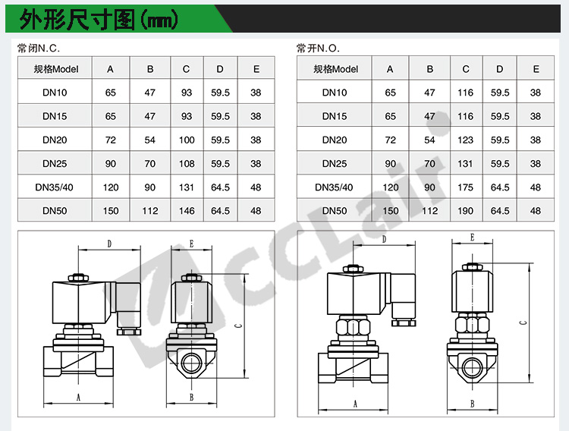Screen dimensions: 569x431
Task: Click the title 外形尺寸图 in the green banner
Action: pyautogui.click(x=77, y=19)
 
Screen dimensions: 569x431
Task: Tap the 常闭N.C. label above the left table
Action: pyautogui.click(x=39, y=49)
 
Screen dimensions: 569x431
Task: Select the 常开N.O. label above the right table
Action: pyautogui.click(x=318, y=49)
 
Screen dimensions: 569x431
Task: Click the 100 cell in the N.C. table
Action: pyautogui.click(x=187, y=140)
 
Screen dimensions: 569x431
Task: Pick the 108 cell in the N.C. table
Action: pyautogui.click(x=187, y=163)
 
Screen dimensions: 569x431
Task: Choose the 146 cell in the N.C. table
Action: pyautogui.click(x=187, y=211)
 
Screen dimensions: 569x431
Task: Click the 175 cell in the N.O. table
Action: pyautogui.click(x=465, y=187)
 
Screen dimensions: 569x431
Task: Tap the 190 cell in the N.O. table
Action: pyautogui.click(x=465, y=211)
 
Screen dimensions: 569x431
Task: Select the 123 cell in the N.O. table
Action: pyautogui.click(x=465, y=140)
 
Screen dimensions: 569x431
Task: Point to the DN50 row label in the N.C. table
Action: pyautogui.click(x=55, y=211)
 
